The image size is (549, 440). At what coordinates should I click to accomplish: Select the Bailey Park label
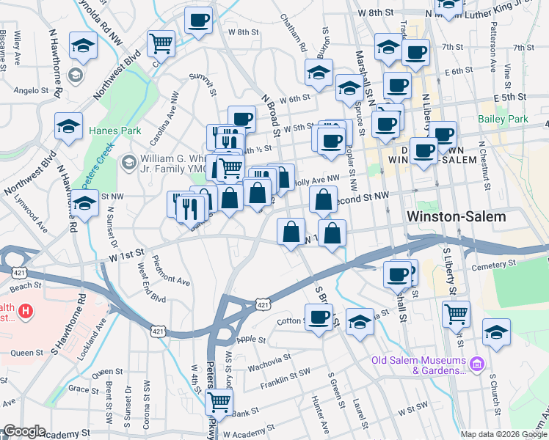tap(503, 119)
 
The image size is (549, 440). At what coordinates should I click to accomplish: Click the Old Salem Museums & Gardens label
tap(418, 365)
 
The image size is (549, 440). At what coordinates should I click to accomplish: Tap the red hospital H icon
tap(26, 311)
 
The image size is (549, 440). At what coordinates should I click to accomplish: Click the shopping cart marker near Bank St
tap(219, 401)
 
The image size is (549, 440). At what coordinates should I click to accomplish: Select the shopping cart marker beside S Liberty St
tap(456, 313)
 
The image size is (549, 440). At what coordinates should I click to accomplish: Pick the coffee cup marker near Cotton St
tap(319, 317)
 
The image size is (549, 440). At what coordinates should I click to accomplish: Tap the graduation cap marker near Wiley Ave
tap(84, 45)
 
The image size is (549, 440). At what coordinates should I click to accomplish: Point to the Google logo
tap(24, 431)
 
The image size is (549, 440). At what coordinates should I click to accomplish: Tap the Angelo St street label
tap(31, 92)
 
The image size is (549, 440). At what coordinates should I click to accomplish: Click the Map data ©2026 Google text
tap(503, 433)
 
